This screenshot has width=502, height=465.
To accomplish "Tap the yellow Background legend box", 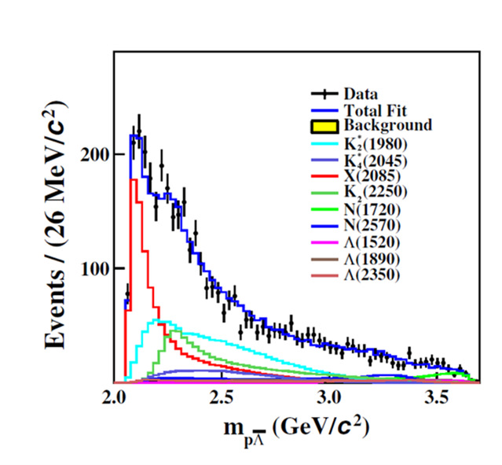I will click(325, 126).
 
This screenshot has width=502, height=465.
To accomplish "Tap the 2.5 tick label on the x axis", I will click(222, 397).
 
